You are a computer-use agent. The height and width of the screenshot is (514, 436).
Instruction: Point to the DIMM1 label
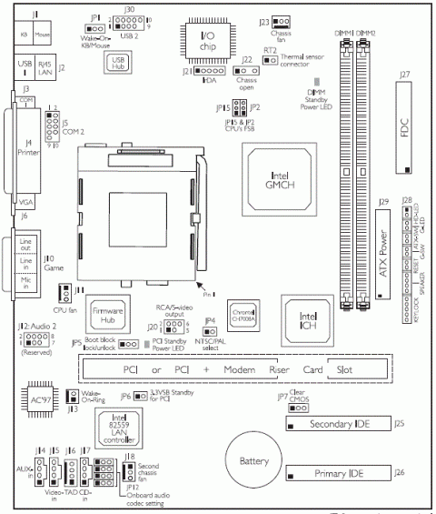[342, 33]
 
